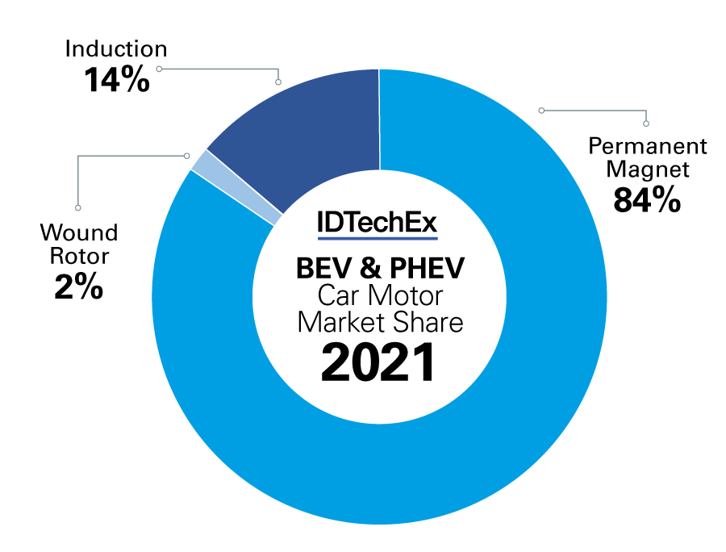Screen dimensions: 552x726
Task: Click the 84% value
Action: (647, 199)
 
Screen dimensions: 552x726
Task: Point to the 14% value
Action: (116, 79)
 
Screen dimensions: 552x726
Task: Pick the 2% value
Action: (79, 287)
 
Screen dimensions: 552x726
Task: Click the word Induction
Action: (116, 50)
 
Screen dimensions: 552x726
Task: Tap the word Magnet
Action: (648, 169)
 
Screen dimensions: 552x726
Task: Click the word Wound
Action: (79, 234)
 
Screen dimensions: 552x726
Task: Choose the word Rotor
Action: (79, 257)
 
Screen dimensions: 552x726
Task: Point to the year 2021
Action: (379, 363)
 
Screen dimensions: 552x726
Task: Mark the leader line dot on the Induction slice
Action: (278, 82)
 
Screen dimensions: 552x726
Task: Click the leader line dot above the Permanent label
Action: (646, 123)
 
